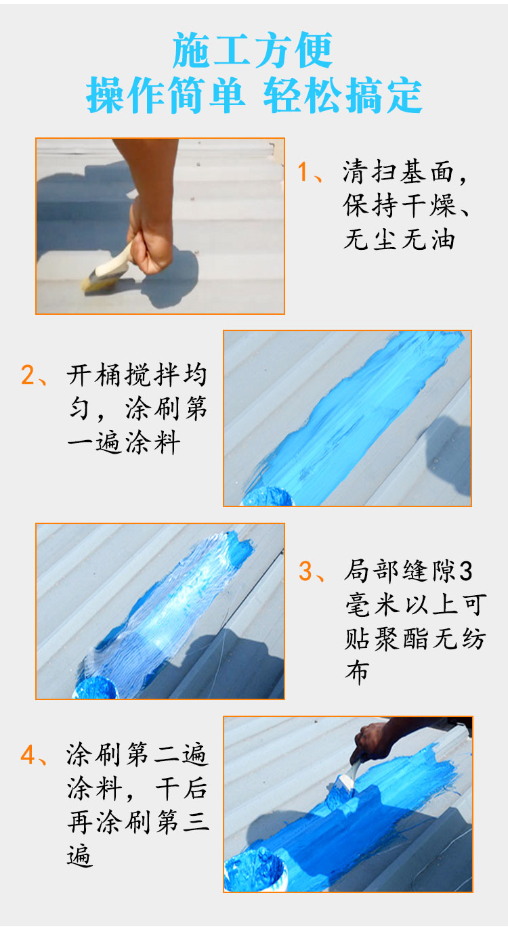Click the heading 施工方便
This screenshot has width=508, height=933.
pyautogui.click(x=253, y=50)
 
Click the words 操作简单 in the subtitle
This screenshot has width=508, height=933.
pyautogui.click(x=165, y=95)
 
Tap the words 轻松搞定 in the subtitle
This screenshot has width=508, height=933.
pyautogui.click(x=343, y=95)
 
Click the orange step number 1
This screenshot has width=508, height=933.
pyautogui.click(x=303, y=171)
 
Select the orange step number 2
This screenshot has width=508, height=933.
pyautogui.click(x=28, y=375)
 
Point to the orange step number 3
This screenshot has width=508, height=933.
pyautogui.click(x=305, y=571)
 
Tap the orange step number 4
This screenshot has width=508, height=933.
pyautogui.click(x=28, y=754)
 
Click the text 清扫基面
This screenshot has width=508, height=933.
pyautogui.click(x=398, y=171)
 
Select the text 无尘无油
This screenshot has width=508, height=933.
pyautogui.click(x=399, y=240)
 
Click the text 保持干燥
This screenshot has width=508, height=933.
pyautogui.click(x=399, y=205)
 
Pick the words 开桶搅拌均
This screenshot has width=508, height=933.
pyautogui.click(x=137, y=375)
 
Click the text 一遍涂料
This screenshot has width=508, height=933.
pyautogui.click(x=124, y=442)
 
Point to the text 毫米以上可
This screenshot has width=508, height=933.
pyautogui.click(x=415, y=605)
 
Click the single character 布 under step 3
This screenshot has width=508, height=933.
pyautogui.click(x=357, y=672)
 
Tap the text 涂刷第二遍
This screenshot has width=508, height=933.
pyautogui.click(x=137, y=754)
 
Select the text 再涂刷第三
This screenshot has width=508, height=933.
pyautogui.click(x=137, y=822)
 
